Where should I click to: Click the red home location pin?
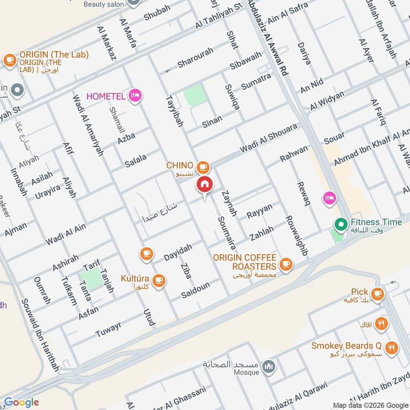click(204, 184)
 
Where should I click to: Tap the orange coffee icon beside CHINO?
click(203, 167)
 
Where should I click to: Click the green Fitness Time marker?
click(339, 224)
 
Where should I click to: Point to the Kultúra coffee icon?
click(159, 279)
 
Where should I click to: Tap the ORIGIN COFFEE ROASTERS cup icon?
click(285, 265)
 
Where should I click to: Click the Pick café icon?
click(378, 294)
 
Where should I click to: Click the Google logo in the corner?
click(22, 402)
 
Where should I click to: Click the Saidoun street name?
click(195, 292)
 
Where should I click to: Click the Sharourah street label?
click(195, 62)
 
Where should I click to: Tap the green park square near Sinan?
click(194, 96)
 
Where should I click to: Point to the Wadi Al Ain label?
click(66, 233)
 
